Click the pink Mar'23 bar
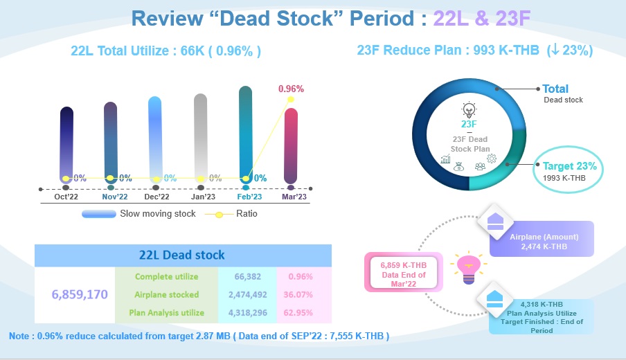pyautogui.click(x=291, y=146)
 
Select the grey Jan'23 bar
pyautogui.click(x=200, y=138)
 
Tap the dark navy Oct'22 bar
pyautogui.click(x=66, y=145)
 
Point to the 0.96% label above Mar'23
pyautogui.click(x=291, y=89)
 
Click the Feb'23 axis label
pyautogui.click(x=249, y=197)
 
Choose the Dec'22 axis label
pyautogui.click(x=157, y=197)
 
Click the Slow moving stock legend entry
pyautogui.click(x=138, y=214)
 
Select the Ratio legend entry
pyautogui.click(x=231, y=214)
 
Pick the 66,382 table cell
pyautogui.click(x=247, y=277)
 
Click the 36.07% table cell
pyautogui.click(x=298, y=294)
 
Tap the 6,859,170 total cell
pyautogui.click(x=80, y=294)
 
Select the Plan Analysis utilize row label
pyautogui.click(x=166, y=312)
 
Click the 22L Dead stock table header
pyautogui.click(x=182, y=255)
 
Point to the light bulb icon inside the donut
pyautogui.click(x=469, y=110)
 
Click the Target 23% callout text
pyautogui.click(x=570, y=166)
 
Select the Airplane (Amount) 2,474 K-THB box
pyautogui.click(x=542, y=239)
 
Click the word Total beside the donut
pyautogui.click(x=555, y=89)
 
